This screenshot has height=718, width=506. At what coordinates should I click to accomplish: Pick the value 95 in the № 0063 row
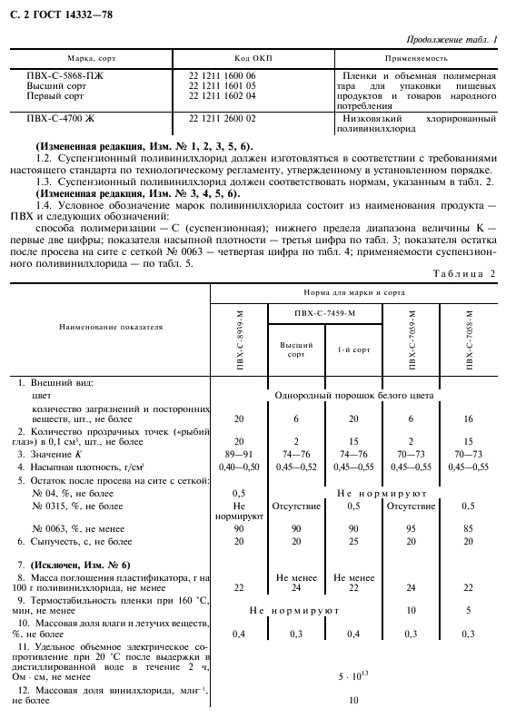coord(412,527)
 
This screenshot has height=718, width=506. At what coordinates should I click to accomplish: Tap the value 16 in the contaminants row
coord(469,418)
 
